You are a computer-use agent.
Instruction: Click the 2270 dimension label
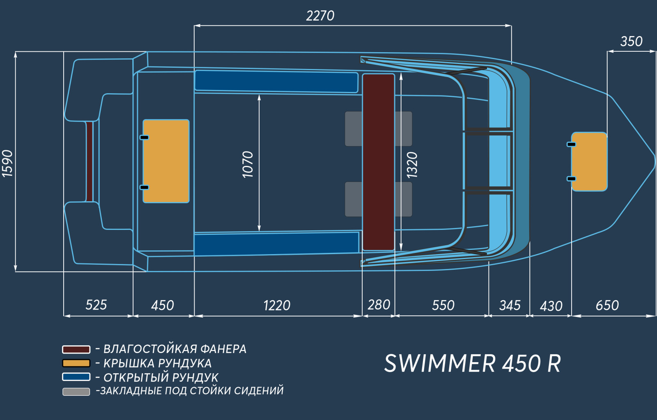(320, 16)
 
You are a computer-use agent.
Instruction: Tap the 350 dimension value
(631, 41)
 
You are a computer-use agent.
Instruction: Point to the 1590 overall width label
(8, 163)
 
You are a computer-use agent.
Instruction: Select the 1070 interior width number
(248, 164)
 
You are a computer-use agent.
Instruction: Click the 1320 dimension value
(412, 165)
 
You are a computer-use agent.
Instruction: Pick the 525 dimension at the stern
(96, 305)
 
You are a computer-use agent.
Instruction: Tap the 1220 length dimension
(277, 305)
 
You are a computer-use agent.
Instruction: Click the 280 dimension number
(379, 305)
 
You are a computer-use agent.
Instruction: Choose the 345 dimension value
(510, 305)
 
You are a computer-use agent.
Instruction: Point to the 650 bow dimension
(607, 305)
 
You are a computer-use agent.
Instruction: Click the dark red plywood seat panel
(378, 162)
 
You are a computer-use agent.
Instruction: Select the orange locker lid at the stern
(166, 161)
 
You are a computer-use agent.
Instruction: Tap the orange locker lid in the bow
(589, 162)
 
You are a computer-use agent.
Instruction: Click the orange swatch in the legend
(76, 363)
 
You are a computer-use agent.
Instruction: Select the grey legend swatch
(76, 392)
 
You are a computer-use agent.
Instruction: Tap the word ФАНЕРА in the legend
(223, 349)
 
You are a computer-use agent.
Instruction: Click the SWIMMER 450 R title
(473, 363)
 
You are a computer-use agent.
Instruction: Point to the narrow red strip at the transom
(90, 162)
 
